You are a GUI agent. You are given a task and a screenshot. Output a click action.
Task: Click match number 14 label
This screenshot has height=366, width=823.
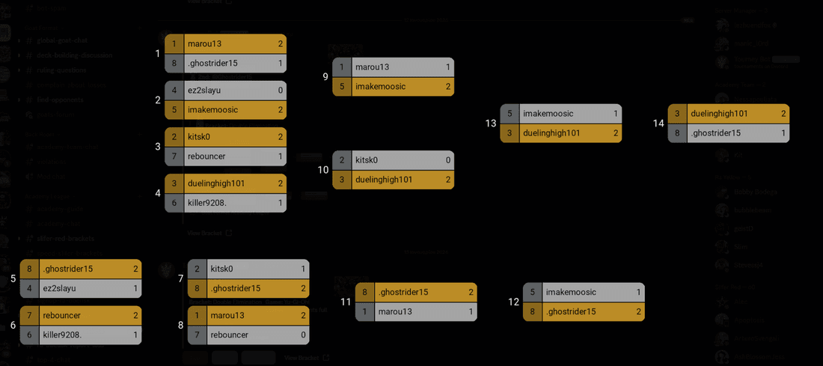(x=658, y=123)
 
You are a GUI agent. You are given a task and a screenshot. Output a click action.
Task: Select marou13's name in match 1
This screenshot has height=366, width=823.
(x=204, y=44)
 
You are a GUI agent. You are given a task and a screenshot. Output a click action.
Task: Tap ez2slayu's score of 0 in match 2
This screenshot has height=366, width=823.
(x=281, y=91)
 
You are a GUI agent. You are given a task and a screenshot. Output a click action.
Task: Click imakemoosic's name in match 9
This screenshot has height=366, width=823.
(x=380, y=87)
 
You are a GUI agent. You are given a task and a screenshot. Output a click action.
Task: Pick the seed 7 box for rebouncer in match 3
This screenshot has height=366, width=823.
(x=174, y=156)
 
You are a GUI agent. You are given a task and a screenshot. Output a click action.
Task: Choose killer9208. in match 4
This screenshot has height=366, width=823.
(x=206, y=203)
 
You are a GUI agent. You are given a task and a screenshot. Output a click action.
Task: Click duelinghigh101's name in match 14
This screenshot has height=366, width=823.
(x=719, y=114)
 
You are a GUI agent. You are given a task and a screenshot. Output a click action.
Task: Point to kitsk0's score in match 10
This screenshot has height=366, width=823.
(x=448, y=160)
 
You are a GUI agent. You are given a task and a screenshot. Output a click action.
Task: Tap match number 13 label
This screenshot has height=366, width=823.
(x=491, y=123)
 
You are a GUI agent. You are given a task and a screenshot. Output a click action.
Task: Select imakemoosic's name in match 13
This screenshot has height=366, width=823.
(x=548, y=114)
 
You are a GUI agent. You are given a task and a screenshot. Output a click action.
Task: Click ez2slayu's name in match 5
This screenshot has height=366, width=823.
(x=59, y=288)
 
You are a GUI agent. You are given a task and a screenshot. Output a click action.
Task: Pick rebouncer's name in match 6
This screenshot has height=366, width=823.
(x=61, y=316)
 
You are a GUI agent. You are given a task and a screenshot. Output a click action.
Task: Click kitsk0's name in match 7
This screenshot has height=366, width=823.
(x=221, y=269)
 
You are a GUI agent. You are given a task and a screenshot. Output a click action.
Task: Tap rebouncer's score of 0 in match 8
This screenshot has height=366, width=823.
(x=303, y=335)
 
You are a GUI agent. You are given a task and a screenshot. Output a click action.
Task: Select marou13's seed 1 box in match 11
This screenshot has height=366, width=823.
(x=365, y=312)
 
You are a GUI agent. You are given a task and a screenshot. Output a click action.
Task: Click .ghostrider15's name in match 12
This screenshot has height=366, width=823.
(x=571, y=312)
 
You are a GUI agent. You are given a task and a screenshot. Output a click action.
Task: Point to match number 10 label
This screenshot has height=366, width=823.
(x=323, y=170)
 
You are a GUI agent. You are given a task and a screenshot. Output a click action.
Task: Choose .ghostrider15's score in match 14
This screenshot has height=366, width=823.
(x=783, y=133)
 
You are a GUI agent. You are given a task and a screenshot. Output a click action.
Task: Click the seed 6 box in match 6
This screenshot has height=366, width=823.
(x=29, y=335)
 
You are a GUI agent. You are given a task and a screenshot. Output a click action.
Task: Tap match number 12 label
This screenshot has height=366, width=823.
(x=513, y=302)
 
